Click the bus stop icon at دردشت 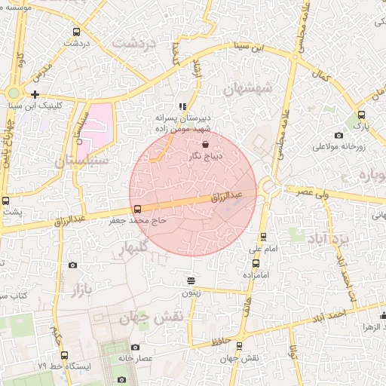pos(76,32)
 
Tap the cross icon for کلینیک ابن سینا pos(35,95)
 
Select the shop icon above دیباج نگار pos(206,143)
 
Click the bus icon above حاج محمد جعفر pos(136,210)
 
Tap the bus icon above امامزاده pos(256,263)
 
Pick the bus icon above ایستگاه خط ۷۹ pos(63,354)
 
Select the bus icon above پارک pos(361,115)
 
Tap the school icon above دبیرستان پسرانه pos(182,107)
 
